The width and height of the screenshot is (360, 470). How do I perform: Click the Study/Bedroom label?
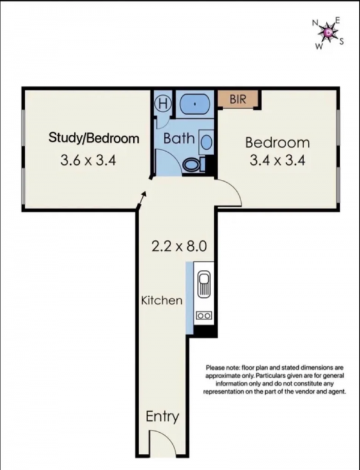pos(94,138)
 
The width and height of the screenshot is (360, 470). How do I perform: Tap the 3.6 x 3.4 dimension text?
pos(88,160)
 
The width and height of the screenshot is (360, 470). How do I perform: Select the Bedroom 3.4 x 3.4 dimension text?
pos(277,161)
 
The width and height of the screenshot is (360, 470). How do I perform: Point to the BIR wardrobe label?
pos(238,99)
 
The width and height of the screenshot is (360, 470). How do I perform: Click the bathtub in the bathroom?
pos(194,104)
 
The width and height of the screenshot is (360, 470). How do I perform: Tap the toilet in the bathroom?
pos(193,164)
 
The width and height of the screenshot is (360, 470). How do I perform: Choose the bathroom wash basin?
pos(206,142)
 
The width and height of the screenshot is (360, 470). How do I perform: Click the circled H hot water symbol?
pos(163,104)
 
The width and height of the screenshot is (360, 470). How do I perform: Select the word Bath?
pos(179,138)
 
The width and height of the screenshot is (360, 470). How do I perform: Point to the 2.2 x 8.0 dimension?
pos(179,246)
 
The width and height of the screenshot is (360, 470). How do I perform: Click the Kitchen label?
pos(162,300)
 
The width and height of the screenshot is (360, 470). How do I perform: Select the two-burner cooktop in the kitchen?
pos(204,315)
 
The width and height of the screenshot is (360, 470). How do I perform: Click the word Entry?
pos(162,417)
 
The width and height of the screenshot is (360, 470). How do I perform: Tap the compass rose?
pos(328,32)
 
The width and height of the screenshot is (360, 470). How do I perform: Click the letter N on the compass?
pos(315,23)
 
